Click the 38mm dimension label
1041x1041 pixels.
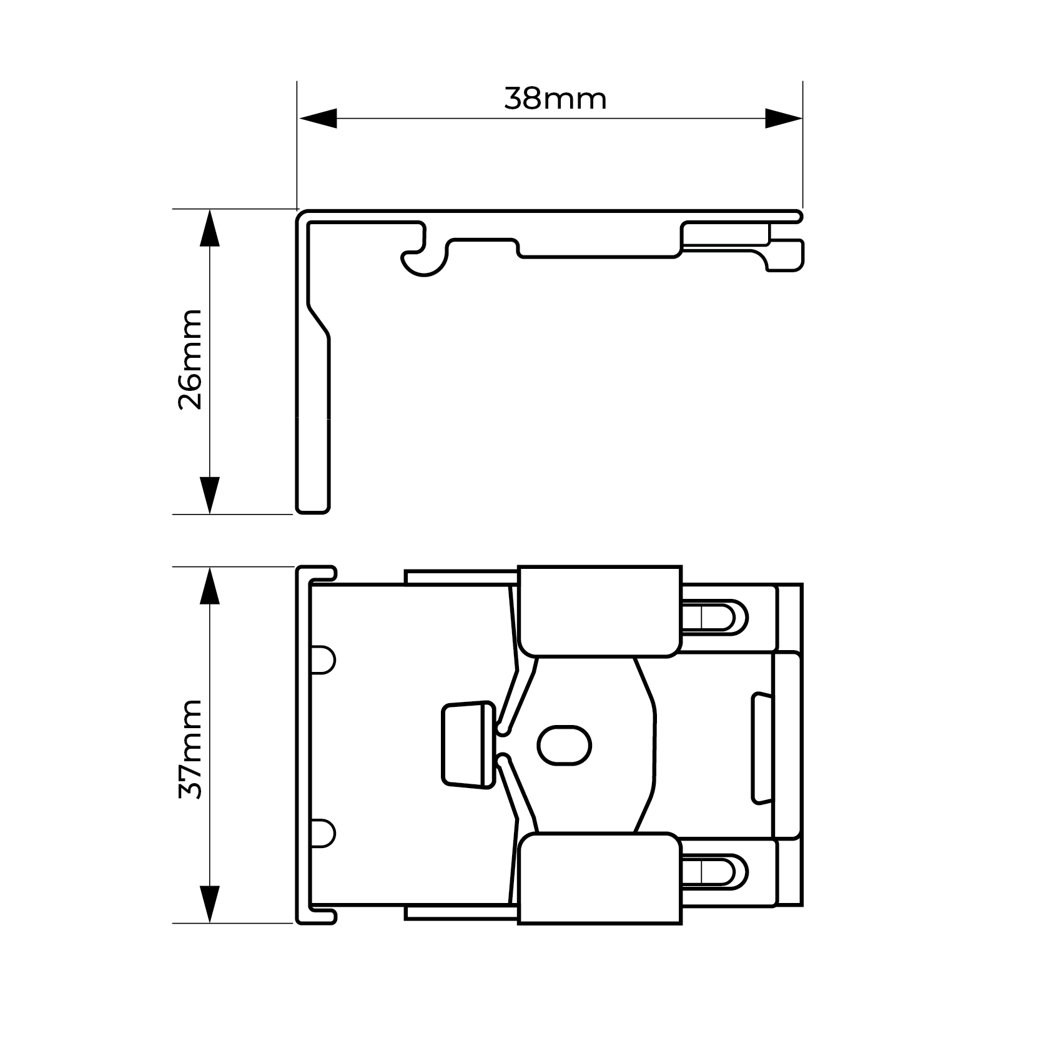click(x=555, y=99)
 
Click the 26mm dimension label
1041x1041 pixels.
click(x=190, y=359)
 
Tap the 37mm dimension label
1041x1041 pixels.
click(x=190, y=749)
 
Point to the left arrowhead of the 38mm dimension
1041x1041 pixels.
click(x=318, y=119)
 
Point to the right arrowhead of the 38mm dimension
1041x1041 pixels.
click(x=784, y=119)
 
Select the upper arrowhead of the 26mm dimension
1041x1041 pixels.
click(x=210, y=228)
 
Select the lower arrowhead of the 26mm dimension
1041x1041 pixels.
click(x=210, y=495)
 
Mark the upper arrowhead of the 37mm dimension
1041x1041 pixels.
click(x=210, y=586)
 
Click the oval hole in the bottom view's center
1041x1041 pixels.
click(x=565, y=745)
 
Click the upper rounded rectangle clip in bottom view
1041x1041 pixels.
click(x=599, y=611)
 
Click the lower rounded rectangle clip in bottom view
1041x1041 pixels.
click(x=599, y=878)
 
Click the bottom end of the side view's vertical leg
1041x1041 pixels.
click(x=312, y=513)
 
